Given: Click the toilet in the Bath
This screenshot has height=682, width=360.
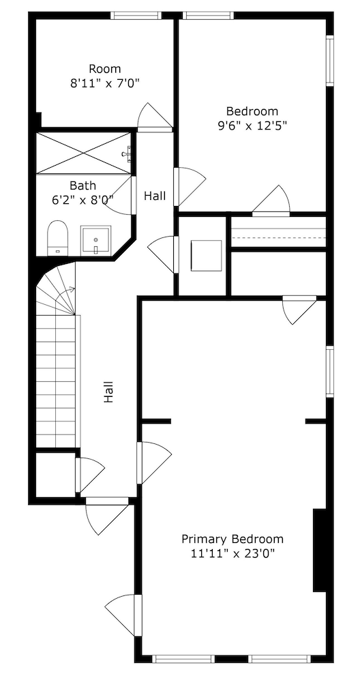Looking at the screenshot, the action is (x=58, y=238).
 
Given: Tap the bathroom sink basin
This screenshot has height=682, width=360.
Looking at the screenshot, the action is (x=95, y=239).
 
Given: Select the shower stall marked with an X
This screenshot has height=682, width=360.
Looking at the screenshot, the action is (x=84, y=153).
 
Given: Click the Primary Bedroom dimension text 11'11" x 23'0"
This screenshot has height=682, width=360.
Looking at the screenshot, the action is (x=232, y=554).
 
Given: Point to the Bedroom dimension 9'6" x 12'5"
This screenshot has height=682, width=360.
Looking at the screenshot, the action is (x=252, y=125).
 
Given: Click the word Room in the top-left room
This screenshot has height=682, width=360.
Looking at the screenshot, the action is (x=105, y=69).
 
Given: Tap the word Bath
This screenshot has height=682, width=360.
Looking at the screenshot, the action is (x=82, y=186).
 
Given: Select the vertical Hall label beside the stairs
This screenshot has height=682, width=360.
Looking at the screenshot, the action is (x=108, y=392).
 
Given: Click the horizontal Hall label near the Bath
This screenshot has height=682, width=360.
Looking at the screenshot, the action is (x=155, y=196).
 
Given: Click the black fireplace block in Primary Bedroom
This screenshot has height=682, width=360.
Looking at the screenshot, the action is (x=320, y=550).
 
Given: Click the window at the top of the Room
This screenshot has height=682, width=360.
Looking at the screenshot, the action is (x=136, y=16).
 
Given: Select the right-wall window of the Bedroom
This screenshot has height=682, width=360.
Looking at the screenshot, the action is (x=330, y=61).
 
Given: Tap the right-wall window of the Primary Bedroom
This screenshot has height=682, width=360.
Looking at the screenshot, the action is (x=330, y=372).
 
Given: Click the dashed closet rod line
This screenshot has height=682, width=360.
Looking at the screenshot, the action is (x=278, y=238).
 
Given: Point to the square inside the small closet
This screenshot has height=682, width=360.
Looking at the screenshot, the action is (x=207, y=255).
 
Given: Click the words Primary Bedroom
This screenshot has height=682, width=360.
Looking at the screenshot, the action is (x=232, y=539).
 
